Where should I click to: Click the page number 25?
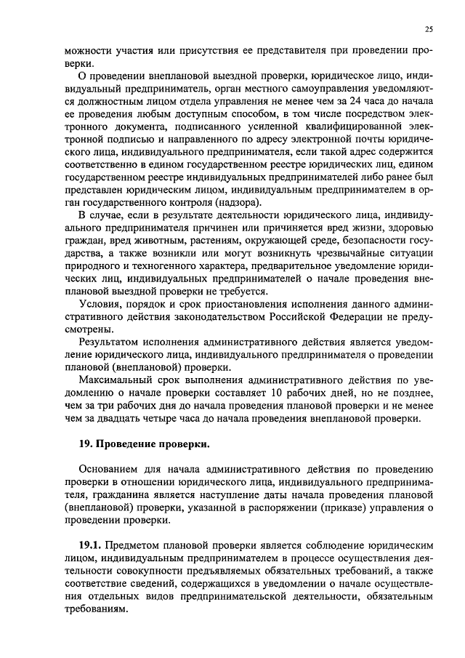(x=429, y=29)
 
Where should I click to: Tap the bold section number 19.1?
(x=92, y=545)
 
